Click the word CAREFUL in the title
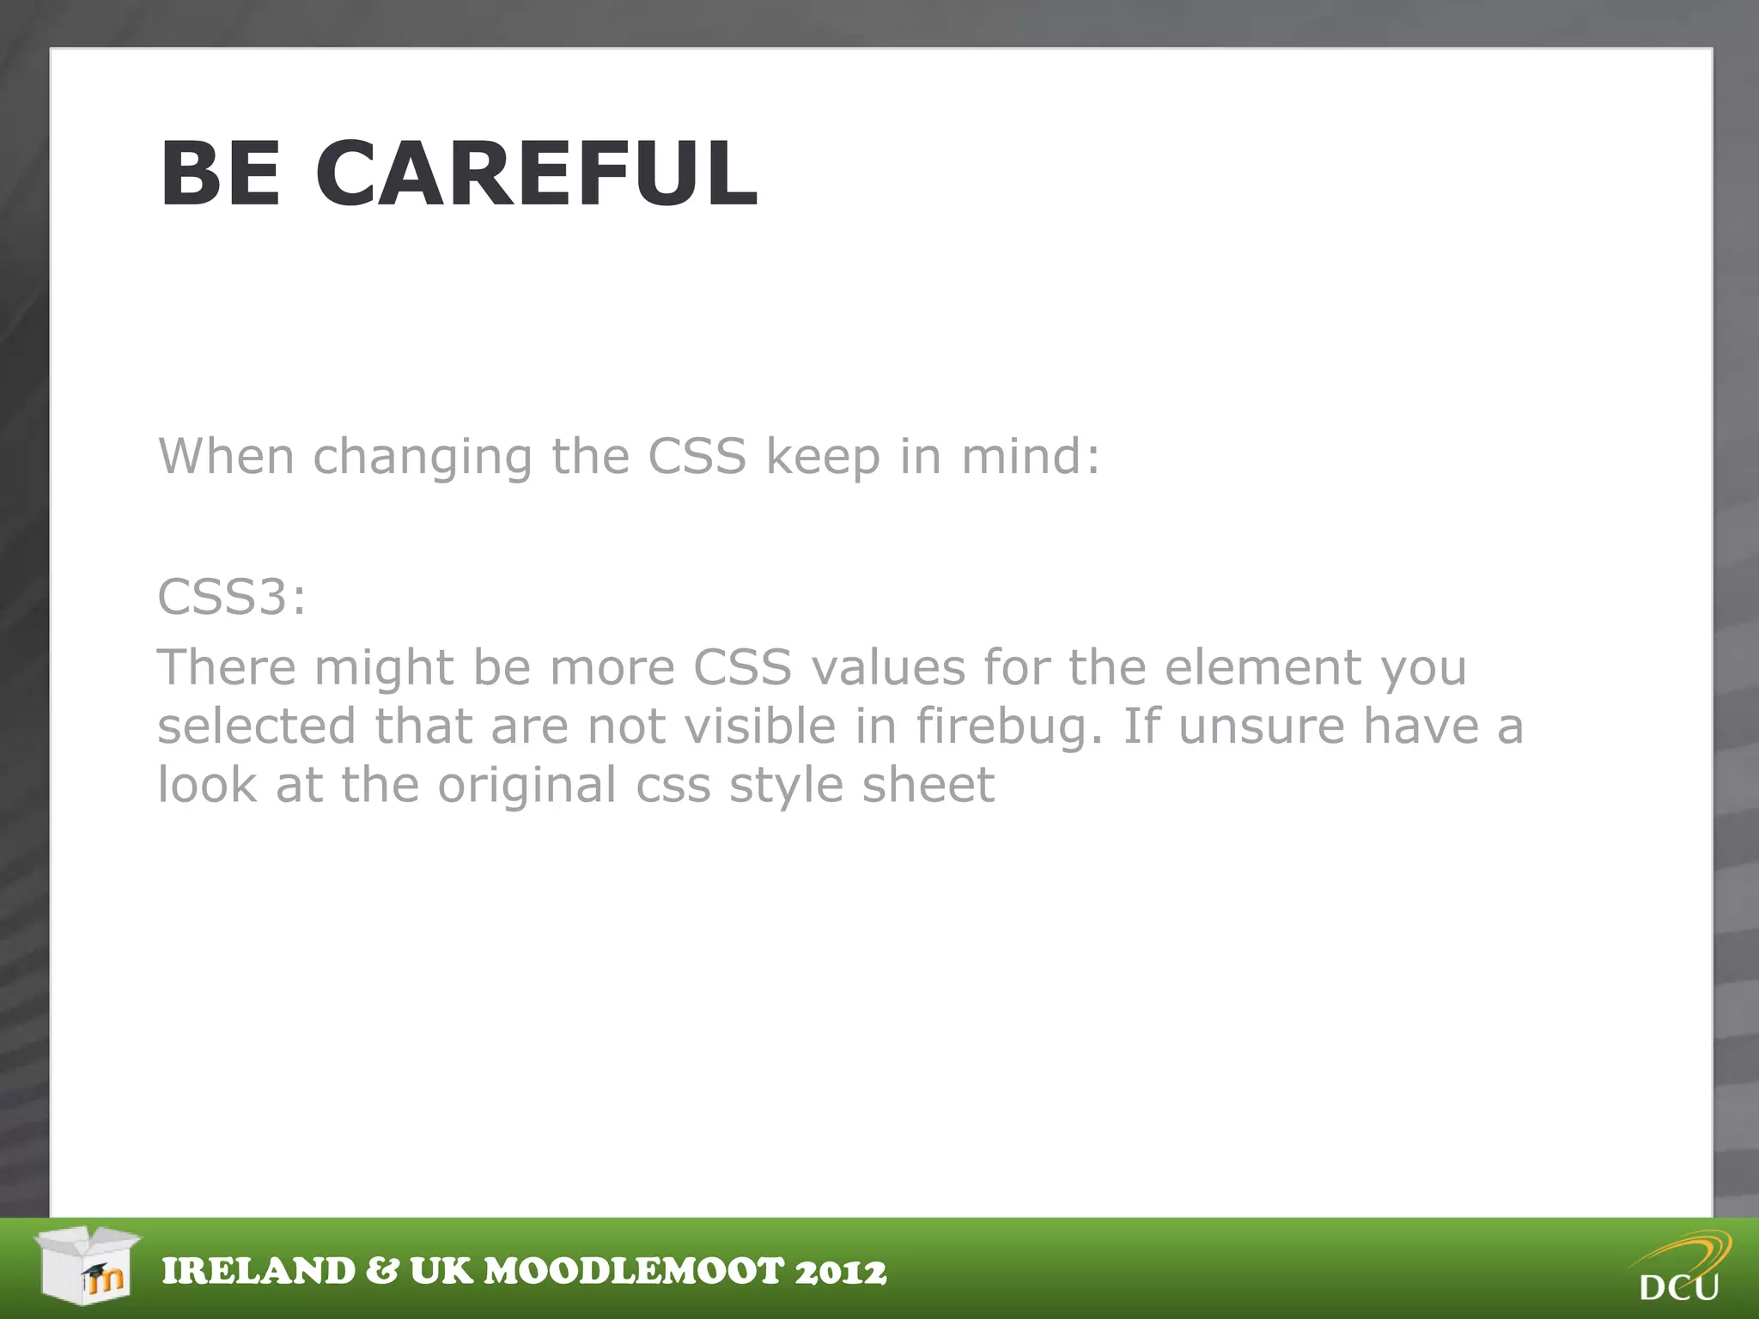[536, 174]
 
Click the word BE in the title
[221, 174]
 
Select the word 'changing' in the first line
[422, 457]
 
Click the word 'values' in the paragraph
[888, 667]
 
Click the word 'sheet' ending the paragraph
[928, 785]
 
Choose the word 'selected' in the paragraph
[256, 726]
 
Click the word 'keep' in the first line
[823, 457]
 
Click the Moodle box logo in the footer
[88, 1264]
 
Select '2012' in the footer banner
[840, 1272]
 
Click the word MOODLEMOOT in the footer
[635, 1272]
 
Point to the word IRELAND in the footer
[259, 1272]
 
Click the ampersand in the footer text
[381, 1272]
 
